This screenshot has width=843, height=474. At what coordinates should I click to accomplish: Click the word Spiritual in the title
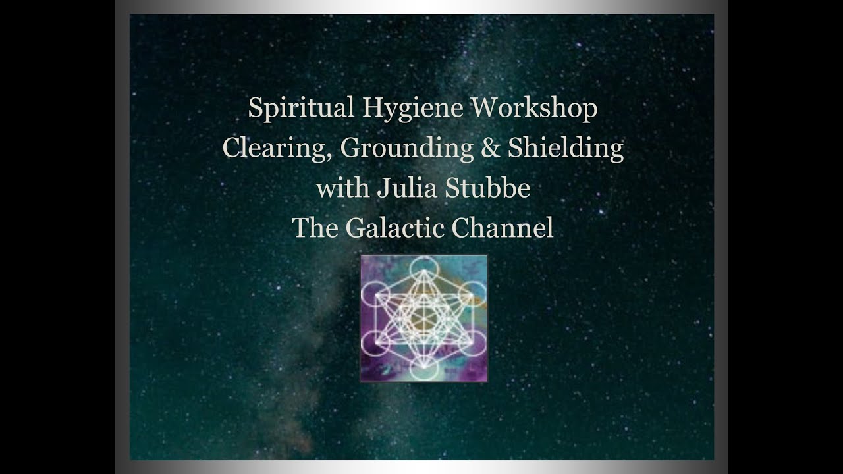[x=301, y=109]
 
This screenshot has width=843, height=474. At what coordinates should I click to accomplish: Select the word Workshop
[x=533, y=109]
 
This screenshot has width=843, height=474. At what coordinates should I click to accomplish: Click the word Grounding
[x=407, y=149]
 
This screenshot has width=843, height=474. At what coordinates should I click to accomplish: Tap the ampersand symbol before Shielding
[x=491, y=149]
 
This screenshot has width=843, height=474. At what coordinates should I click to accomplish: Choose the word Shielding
[x=566, y=149]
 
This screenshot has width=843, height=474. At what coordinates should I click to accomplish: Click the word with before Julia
[x=342, y=188]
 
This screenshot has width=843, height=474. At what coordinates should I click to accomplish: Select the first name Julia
[x=404, y=188]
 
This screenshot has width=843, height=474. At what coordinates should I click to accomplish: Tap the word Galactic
[x=394, y=228]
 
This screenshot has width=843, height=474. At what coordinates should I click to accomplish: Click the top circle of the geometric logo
[x=423, y=268]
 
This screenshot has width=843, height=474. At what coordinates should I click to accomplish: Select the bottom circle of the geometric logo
[x=423, y=369]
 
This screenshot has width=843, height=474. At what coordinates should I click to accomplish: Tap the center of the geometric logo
[x=423, y=318]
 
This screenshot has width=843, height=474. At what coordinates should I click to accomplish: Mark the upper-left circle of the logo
[x=375, y=294]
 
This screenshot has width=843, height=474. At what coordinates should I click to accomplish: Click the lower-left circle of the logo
[x=375, y=343]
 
